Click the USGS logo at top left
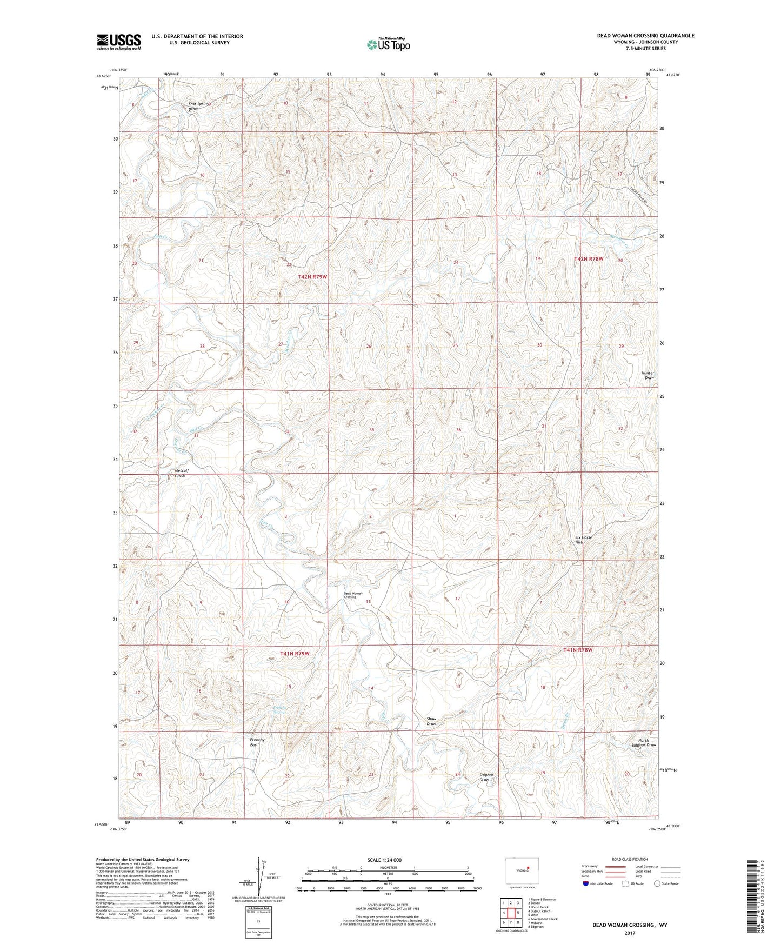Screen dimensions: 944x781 [118, 42]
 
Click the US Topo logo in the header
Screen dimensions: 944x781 [388, 44]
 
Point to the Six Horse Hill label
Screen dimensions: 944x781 [583, 539]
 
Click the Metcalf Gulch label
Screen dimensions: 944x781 [180, 473]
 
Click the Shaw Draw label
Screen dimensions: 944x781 [431, 721]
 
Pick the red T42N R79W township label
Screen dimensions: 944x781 [312, 277]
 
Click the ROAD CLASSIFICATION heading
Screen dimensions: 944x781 [630, 859]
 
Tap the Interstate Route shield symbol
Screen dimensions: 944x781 [586, 883]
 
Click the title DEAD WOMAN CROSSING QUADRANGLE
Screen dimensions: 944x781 [645, 36]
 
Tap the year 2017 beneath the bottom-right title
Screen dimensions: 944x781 [629, 933]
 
